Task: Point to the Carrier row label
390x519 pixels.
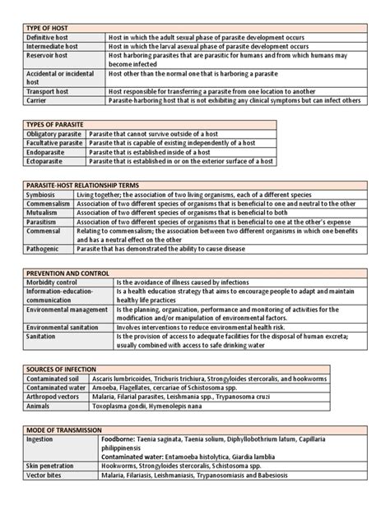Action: pos(38,101)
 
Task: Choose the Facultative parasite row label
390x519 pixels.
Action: pos(55,143)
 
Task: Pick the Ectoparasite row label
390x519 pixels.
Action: pos(48,162)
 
